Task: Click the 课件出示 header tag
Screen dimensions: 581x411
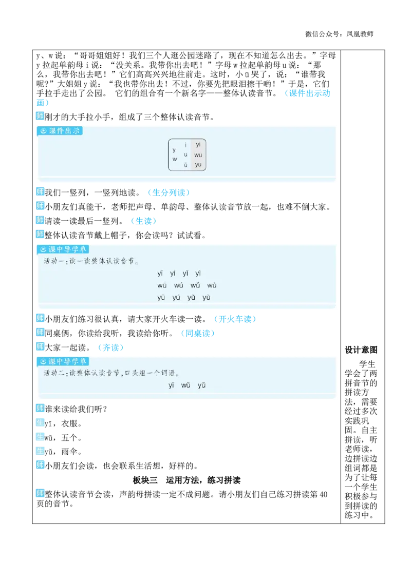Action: pyautogui.click(x=60, y=131)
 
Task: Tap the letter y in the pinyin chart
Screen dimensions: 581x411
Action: pyautogui.click(x=174, y=150)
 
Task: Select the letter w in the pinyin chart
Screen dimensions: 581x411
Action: pyautogui.click(x=175, y=159)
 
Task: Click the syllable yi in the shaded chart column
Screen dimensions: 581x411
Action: pyautogui.click(x=198, y=145)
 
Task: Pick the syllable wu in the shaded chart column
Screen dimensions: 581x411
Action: pyautogui.click(x=198, y=155)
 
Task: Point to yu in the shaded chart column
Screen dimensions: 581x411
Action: pyautogui.click(x=198, y=165)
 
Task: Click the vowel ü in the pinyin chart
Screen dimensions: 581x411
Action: pyautogui.click(x=185, y=165)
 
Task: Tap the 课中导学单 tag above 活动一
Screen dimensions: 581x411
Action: pyautogui.click(x=63, y=249)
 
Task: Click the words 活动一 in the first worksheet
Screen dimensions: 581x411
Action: pyautogui.click(x=51, y=261)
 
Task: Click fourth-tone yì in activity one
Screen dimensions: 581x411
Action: pyautogui.click(x=198, y=274)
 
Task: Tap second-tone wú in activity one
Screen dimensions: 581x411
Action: pyautogui.click(x=178, y=285)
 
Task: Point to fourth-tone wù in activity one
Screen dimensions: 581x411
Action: pyautogui.click(x=212, y=285)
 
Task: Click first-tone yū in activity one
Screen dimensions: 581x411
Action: pyautogui.click(x=161, y=298)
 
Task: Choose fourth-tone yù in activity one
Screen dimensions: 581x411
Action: pyautogui.click(x=206, y=298)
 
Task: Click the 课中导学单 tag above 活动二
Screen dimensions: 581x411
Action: pyautogui.click(x=63, y=361)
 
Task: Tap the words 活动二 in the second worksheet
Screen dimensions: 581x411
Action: pyautogui.click(x=52, y=373)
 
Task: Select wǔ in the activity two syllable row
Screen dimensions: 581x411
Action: pyautogui.click(x=186, y=385)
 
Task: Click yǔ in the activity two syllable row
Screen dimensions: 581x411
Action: pyautogui.click(x=201, y=385)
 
